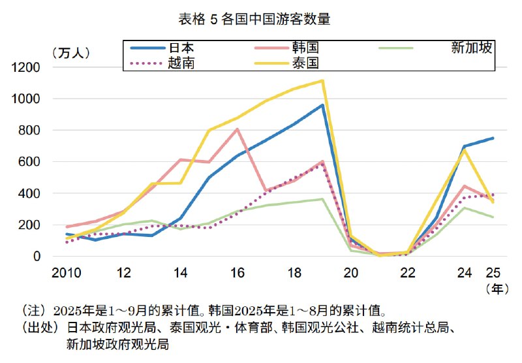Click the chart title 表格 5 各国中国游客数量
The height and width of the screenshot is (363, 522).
[x=254, y=19]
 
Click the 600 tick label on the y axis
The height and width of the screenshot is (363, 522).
[x=29, y=162]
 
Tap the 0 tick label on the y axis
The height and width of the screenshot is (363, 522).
[x=37, y=257]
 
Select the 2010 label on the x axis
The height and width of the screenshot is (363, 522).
[x=67, y=272]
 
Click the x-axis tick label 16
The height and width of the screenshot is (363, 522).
[x=237, y=272]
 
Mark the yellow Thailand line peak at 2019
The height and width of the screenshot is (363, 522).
[x=322, y=81]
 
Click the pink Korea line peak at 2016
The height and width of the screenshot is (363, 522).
[x=238, y=129]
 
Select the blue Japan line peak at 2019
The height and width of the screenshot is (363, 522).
[x=322, y=104]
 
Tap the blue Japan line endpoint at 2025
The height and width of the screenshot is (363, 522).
[x=493, y=138]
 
